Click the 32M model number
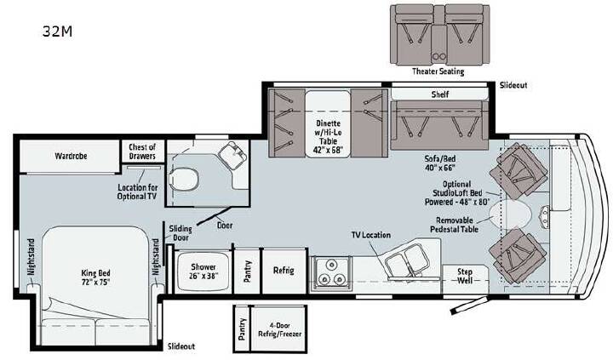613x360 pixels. click(58, 31)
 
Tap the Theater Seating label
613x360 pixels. click(438, 71)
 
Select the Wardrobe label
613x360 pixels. click(71, 156)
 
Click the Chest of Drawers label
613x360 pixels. click(142, 151)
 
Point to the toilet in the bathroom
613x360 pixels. click(183, 180)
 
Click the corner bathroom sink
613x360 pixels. click(232, 155)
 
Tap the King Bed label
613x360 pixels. click(95, 277)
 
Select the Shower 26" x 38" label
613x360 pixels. click(203, 271)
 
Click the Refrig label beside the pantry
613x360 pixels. click(284, 270)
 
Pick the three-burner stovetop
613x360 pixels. click(331, 272)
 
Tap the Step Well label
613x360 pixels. click(465, 276)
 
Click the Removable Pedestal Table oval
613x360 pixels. click(510, 214)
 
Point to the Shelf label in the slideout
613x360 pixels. click(440, 94)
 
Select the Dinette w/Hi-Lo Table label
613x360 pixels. click(328, 136)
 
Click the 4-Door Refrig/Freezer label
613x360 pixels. click(279, 329)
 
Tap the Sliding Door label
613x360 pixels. click(180, 233)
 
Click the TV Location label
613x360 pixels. click(370, 235)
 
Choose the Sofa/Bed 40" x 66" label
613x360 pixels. click(440, 163)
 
